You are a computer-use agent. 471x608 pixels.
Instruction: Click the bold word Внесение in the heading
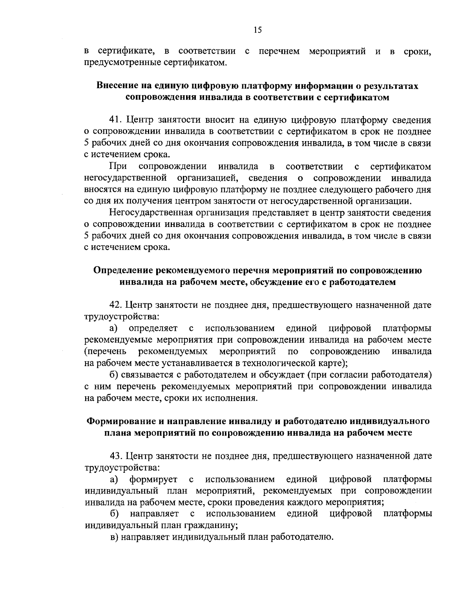(x=117, y=86)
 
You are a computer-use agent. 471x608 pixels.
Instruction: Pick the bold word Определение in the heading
(x=123, y=270)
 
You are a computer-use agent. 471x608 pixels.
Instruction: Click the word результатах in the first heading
(x=391, y=86)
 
